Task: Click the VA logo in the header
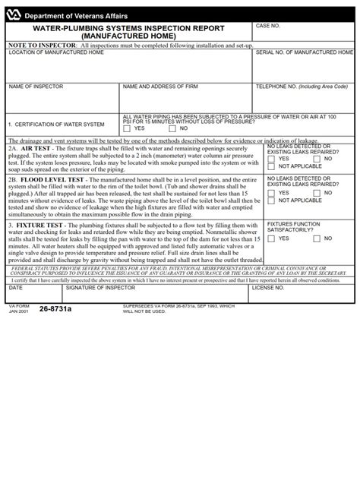coord(14,12)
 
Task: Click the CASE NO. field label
coord(269,26)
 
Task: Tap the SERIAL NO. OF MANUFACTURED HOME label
coord(305,52)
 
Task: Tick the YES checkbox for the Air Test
coord(272,159)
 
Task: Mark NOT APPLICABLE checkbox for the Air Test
coord(272,166)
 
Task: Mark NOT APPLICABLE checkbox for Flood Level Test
coord(272,201)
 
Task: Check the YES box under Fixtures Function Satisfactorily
coord(272,238)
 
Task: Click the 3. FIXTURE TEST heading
coord(36,225)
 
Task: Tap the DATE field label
coord(16,289)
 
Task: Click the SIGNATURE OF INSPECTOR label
coord(94,289)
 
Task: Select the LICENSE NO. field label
coord(268,289)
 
